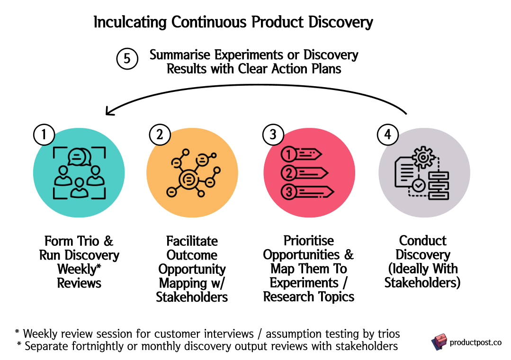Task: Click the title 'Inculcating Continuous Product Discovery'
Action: (x=233, y=22)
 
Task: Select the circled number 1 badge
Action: (x=44, y=135)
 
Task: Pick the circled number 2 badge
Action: (x=160, y=135)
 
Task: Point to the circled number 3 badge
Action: (x=273, y=135)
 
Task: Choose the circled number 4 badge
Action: (x=387, y=135)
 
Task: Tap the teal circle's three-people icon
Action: (x=79, y=173)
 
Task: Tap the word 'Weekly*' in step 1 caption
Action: (x=79, y=269)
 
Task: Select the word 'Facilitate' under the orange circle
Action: (x=192, y=241)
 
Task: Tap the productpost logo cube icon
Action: (x=439, y=342)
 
